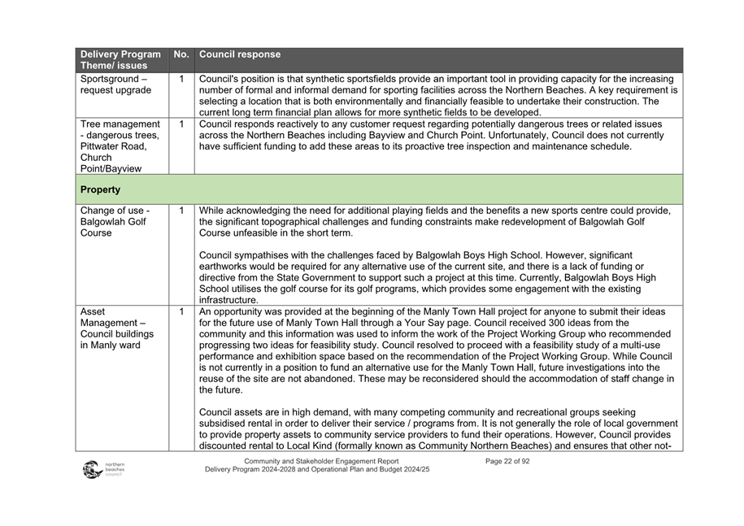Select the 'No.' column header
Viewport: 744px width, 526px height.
(181, 54)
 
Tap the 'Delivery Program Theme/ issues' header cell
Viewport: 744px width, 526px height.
(120, 59)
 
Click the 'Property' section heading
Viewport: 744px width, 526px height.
(101, 189)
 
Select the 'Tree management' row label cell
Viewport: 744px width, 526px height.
(120, 146)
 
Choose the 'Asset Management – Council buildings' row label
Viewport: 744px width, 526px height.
(117, 328)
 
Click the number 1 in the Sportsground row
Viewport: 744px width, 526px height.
(181, 80)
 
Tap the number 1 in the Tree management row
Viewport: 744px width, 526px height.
(181, 124)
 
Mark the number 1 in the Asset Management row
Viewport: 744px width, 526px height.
(181, 311)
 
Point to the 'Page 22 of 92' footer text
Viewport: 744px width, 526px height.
(507, 461)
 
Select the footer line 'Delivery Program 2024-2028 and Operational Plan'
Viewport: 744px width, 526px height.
(316, 470)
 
